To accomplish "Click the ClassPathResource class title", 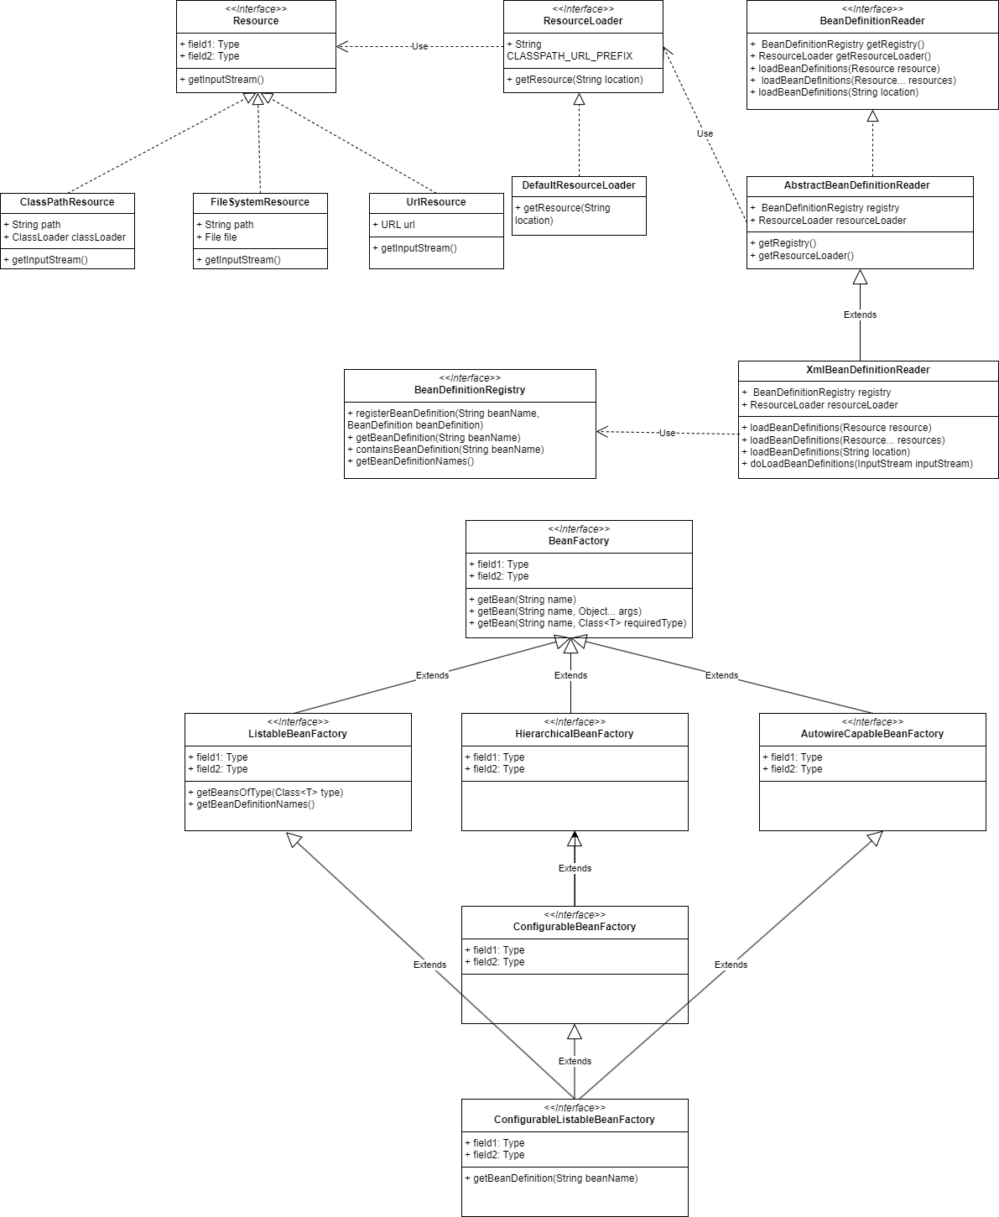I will click(x=67, y=202).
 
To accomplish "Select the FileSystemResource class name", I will click(x=260, y=202).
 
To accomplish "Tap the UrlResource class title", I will click(x=436, y=202).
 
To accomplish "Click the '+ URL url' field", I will click(x=393, y=225).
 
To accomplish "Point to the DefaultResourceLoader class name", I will click(x=579, y=185).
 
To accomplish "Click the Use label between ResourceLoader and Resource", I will click(x=419, y=46).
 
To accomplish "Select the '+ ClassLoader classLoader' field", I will click(x=69, y=237).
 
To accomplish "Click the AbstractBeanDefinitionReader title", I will click(x=856, y=185).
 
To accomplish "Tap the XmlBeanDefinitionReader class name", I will click(x=867, y=370).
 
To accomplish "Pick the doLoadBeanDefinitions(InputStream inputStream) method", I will click(x=861, y=464).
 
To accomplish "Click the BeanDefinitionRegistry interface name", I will click(x=470, y=390).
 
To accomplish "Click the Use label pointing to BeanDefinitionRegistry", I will click(x=667, y=433).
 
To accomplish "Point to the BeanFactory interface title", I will click(x=579, y=541).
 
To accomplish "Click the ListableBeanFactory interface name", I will click(x=298, y=734).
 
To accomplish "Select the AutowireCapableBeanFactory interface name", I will click(x=872, y=734).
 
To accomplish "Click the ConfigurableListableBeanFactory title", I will click(x=575, y=1120).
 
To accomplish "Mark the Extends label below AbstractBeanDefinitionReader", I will click(x=860, y=315).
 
